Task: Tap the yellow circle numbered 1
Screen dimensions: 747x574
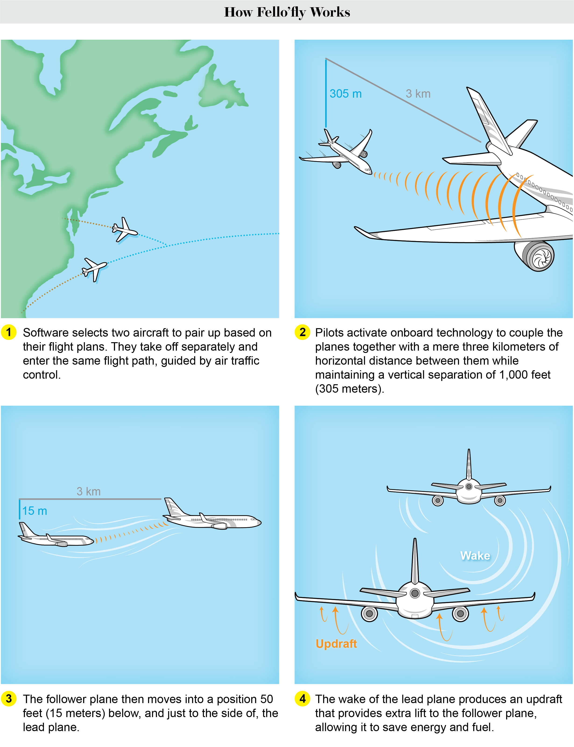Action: pos(9,332)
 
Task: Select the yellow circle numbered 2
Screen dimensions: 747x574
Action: pos(302,332)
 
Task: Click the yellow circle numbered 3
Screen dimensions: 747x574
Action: pos(9,698)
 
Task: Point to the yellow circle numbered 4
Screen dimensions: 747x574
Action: pos(302,698)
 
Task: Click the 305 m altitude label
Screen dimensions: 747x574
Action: pos(345,94)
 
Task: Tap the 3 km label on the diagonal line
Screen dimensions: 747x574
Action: pos(418,94)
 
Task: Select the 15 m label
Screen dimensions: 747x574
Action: pos(35,511)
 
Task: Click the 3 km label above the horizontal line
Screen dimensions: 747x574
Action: pos(88,491)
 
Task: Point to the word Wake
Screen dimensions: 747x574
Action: pos(475,555)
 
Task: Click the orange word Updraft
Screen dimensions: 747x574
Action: pos(336,644)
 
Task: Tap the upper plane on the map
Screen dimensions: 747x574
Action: pos(124,229)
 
